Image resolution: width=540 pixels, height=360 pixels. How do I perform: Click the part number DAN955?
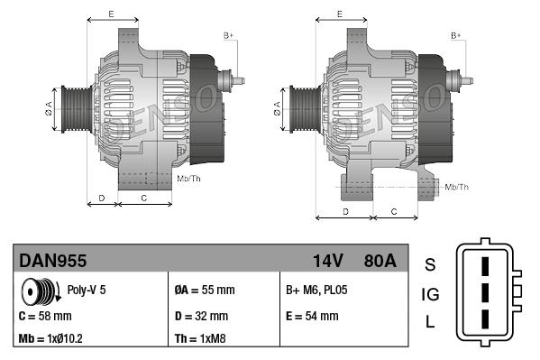pos(53,261)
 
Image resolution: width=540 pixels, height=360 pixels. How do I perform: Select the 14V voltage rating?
pos(328,261)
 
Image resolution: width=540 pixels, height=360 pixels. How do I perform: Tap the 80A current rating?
pos(378,261)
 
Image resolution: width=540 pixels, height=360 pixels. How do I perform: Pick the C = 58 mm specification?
pos(45,316)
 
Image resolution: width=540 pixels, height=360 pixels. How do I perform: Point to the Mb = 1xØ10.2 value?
pos(52,339)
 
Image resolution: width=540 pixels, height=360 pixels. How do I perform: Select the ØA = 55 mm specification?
pos(204,291)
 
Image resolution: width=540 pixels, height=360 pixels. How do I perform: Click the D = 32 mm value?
pos(201,316)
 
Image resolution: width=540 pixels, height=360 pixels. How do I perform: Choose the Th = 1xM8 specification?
pos(199,339)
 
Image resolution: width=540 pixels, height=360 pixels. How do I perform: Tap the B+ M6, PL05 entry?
pos(316,291)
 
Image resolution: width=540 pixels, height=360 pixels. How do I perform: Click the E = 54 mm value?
pos(312,316)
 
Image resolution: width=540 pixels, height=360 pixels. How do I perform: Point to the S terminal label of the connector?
pos(430,264)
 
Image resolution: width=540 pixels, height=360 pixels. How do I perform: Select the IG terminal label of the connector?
pos(430,293)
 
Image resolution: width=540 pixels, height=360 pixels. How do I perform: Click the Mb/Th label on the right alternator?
pos(457,187)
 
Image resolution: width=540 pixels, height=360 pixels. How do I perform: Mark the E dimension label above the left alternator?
pos(111,14)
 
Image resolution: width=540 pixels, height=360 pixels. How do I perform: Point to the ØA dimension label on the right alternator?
pos(277,110)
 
